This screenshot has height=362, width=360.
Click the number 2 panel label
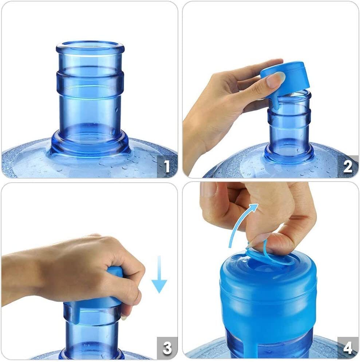pos(348,167)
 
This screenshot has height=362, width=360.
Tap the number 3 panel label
pos(167,348)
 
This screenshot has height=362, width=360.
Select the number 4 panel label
pos(348,348)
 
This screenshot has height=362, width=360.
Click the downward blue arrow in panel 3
pos(159,275)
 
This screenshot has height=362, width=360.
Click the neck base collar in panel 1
pos(90,144)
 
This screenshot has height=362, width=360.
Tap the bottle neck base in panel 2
pos(289,153)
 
